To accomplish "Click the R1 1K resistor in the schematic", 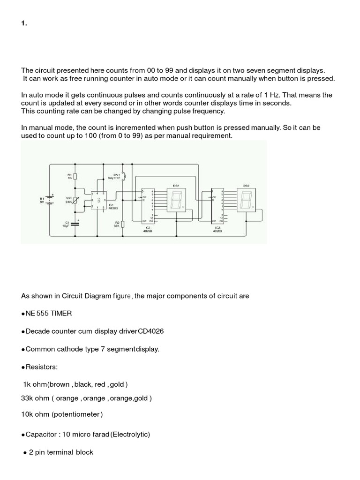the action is pos(75,176).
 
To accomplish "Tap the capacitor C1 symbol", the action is pos(75,221).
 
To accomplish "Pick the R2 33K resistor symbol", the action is pos(122,224).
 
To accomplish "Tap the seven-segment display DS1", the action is pos(177,201).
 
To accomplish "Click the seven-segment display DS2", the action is pos(246,201).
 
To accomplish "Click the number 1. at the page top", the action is pos(24,25).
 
